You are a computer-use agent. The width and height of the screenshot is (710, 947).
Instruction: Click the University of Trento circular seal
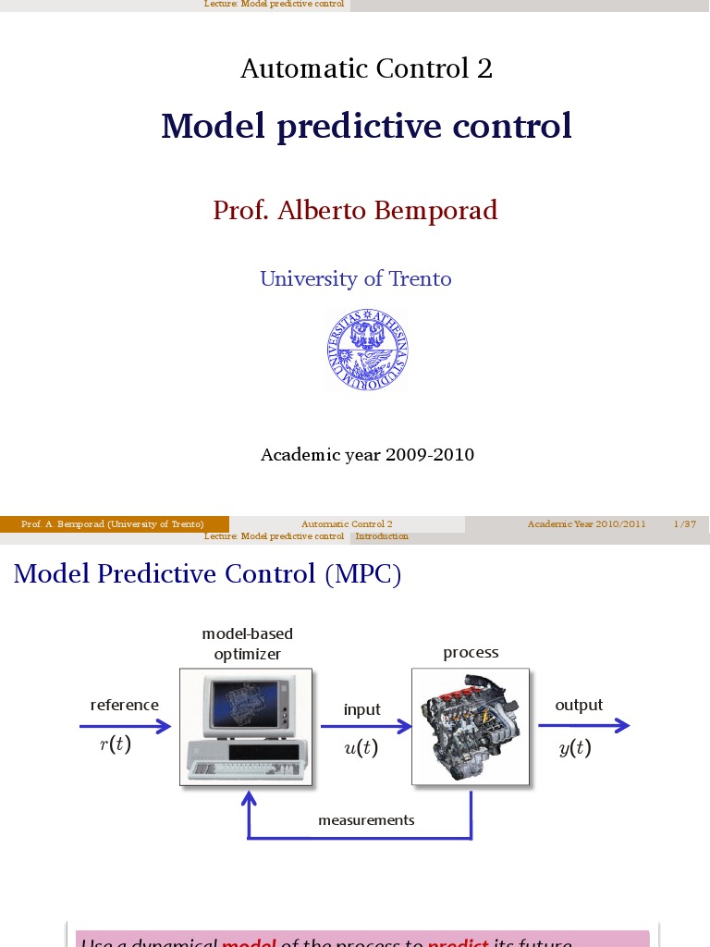click(367, 351)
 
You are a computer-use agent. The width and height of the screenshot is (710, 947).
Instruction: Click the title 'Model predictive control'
click(366, 127)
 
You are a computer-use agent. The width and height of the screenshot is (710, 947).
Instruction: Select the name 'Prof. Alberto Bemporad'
click(355, 211)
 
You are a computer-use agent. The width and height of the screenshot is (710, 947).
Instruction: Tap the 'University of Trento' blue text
click(355, 278)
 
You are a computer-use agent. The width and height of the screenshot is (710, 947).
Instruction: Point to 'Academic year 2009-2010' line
click(367, 455)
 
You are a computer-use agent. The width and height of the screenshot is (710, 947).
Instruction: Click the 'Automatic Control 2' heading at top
click(366, 68)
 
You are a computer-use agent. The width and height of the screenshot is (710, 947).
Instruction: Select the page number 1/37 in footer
click(684, 524)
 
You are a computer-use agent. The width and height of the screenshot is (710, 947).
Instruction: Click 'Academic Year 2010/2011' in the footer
click(586, 524)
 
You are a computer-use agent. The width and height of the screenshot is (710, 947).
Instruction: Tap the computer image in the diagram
click(246, 727)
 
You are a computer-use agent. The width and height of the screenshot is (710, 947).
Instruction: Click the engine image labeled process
click(470, 727)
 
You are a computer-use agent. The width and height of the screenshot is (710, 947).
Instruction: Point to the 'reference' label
click(125, 705)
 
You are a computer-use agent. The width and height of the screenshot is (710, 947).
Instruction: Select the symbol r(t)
click(116, 745)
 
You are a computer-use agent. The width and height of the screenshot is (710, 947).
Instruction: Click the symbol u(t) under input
click(361, 749)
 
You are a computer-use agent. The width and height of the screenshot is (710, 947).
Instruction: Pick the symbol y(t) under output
click(575, 749)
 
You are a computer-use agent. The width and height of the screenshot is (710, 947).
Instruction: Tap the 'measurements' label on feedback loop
click(366, 820)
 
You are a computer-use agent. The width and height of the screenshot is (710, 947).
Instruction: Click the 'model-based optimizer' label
click(247, 644)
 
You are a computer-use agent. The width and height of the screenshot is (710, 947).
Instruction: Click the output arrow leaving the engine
click(582, 726)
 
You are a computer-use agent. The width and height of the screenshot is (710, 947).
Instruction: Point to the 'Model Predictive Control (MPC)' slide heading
click(207, 574)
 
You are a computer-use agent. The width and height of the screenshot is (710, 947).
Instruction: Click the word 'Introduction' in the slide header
click(382, 536)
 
